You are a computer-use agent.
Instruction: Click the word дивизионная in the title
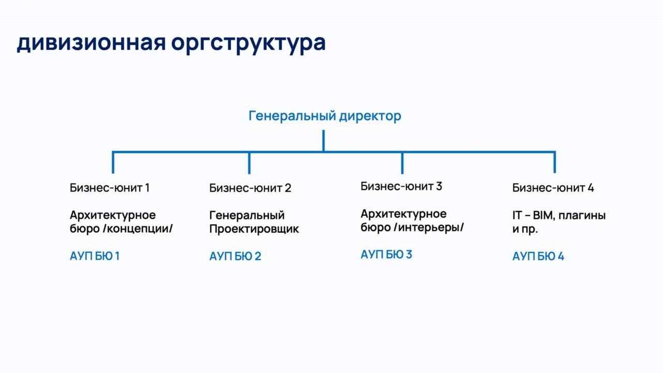click(x=91, y=43)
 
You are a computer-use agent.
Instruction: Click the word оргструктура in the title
click(x=248, y=45)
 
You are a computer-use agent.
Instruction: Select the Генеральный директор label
click(x=325, y=116)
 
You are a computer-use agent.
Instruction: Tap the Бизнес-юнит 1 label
click(x=109, y=188)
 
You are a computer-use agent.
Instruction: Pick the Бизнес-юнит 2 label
click(x=250, y=188)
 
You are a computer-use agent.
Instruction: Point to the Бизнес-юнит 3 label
click(x=401, y=186)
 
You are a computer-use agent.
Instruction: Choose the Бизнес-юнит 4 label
click(x=553, y=188)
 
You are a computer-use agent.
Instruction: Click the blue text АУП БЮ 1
click(x=94, y=256)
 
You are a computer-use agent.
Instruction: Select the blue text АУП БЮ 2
click(x=235, y=256)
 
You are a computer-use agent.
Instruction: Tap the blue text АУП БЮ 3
click(x=386, y=254)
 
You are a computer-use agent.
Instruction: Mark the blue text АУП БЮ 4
click(x=538, y=256)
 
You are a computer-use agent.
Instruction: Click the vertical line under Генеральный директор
click(x=324, y=141)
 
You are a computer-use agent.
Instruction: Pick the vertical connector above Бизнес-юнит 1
click(x=113, y=163)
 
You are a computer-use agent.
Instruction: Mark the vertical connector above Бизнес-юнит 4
click(x=555, y=162)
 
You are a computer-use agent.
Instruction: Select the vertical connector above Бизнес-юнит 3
click(x=402, y=163)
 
